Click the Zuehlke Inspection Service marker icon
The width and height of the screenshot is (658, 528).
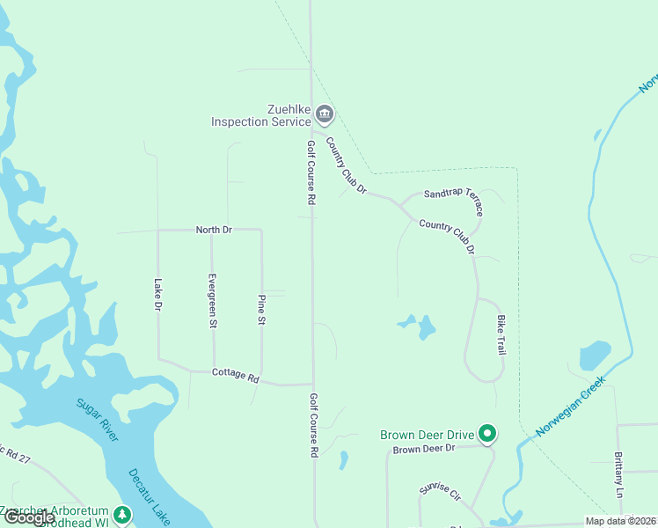pos(325,114)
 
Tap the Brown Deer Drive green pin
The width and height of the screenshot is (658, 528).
pos(487,433)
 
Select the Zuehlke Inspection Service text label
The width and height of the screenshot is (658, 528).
pos(261,115)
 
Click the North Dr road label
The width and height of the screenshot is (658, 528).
pos(214,230)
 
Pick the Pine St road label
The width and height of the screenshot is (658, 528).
pos(261,310)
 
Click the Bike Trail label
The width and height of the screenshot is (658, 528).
pos(501,334)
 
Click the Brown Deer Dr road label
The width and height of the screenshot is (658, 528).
pos(424,449)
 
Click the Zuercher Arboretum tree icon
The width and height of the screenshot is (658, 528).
pos(123,514)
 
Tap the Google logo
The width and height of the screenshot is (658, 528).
pos(29,517)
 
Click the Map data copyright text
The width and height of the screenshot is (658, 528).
pos(620,521)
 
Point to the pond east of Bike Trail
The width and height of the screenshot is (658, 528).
pos(595,356)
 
